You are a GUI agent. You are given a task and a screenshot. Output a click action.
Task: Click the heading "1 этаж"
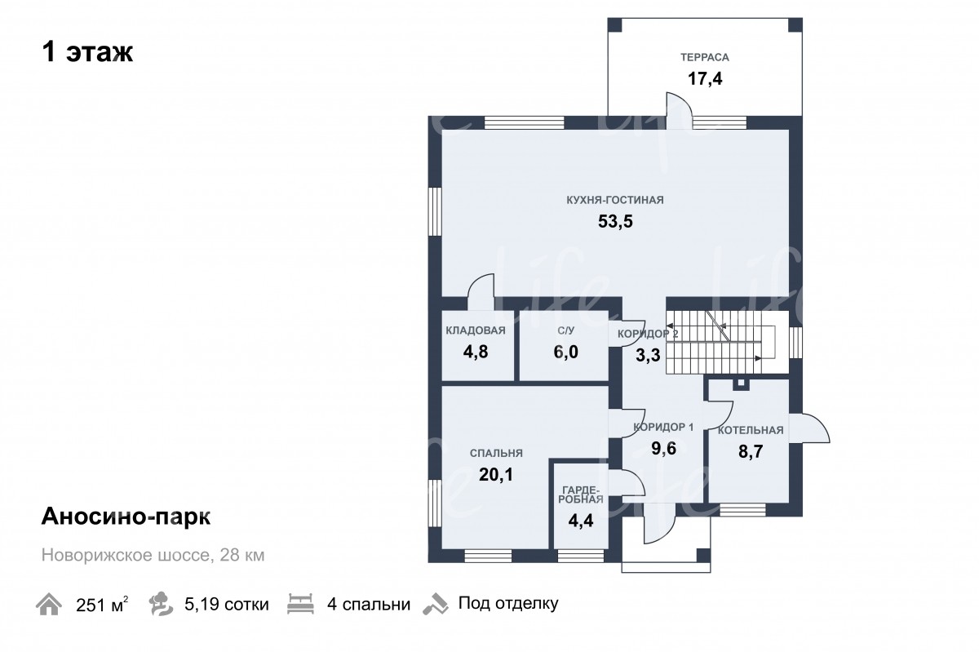point(87,52)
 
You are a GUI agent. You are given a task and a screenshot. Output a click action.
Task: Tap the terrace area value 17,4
point(705,78)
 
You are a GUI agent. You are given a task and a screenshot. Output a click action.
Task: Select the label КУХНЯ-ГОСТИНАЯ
point(615,200)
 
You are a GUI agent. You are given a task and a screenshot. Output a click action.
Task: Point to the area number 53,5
point(615,222)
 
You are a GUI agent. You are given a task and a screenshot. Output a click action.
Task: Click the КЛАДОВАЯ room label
point(476,330)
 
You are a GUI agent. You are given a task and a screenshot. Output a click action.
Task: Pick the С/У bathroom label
point(566,330)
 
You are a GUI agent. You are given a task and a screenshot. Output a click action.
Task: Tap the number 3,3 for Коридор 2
point(648,356)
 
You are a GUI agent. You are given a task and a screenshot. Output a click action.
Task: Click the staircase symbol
point(720,343)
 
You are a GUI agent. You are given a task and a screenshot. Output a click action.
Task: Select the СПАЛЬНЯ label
point(496,453)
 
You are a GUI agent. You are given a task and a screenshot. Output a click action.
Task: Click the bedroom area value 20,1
point(496,474)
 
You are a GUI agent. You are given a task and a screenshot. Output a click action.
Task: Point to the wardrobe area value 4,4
point(581,521)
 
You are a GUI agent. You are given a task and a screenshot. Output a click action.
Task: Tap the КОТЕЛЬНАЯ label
point(751,430)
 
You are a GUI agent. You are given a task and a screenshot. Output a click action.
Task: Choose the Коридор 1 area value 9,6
point(663,448)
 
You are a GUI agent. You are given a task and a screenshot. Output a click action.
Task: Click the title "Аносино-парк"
point(126,517)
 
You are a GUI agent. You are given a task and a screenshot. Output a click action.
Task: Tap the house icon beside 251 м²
point(48,604)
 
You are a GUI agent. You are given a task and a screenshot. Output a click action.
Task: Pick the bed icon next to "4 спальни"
point(300,604)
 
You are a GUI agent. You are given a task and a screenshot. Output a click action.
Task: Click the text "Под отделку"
point(508,604)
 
